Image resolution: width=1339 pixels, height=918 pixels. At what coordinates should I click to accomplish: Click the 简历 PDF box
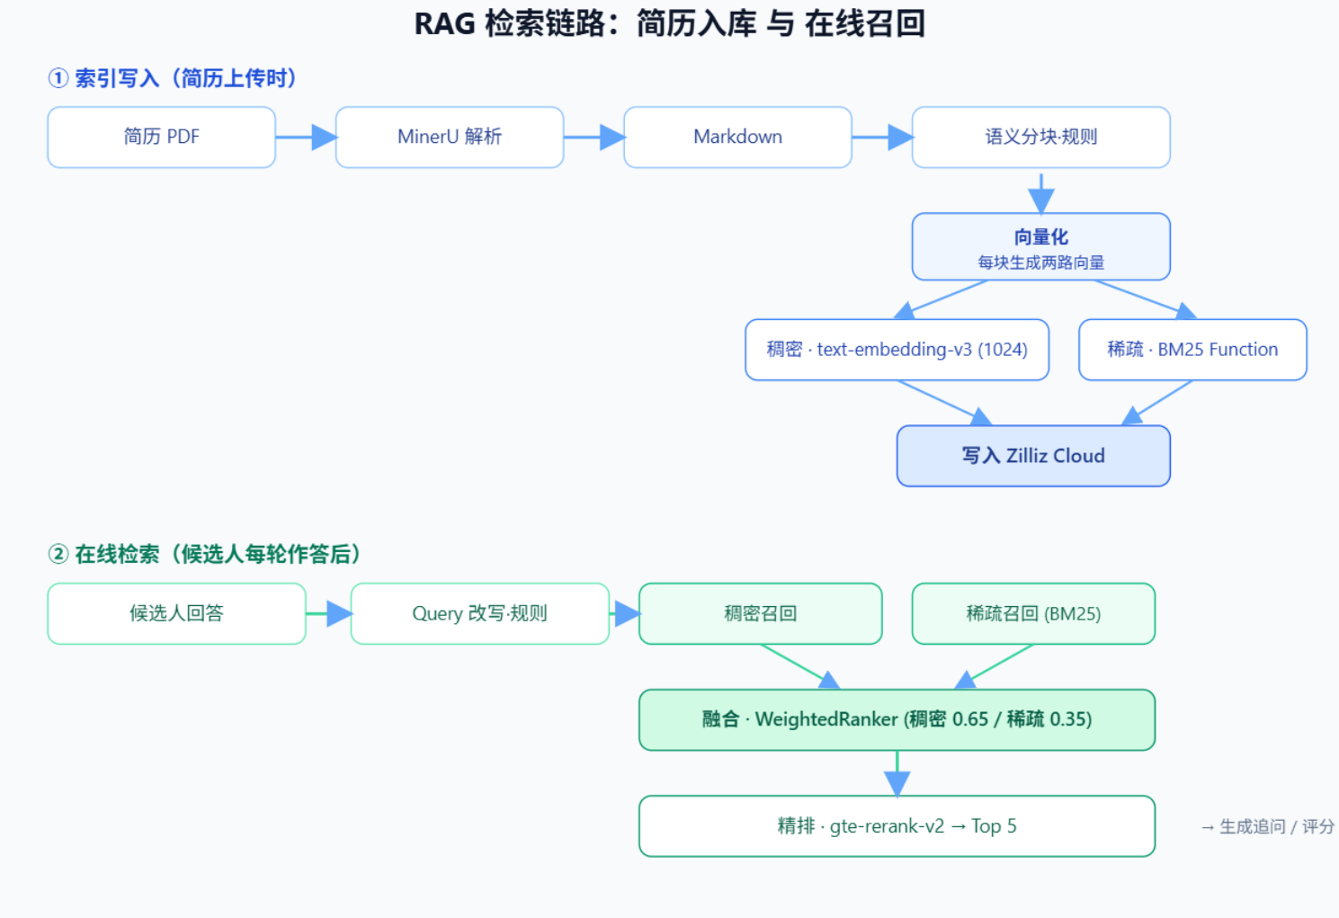(x=161, y=137)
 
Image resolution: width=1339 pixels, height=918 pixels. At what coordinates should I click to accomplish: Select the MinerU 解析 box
(x=450, y=137)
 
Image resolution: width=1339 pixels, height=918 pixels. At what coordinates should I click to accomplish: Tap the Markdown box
(x=737, y=137)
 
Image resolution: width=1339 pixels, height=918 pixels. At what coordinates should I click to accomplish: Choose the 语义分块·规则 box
(x=1040, y=137)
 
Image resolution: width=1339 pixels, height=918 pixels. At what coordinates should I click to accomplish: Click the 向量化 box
(x=1040, y=246)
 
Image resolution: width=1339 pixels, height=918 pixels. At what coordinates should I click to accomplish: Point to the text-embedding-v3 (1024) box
(x=897, y=350)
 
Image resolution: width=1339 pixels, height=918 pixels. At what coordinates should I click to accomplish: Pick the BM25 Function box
(x=1192, y=350)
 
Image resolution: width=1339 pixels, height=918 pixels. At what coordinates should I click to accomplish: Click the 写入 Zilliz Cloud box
(x=1033, y=456)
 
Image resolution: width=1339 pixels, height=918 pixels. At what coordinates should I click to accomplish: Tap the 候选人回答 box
(x=176, y=614)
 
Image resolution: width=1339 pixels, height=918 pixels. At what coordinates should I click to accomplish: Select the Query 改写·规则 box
(x=479, y=614)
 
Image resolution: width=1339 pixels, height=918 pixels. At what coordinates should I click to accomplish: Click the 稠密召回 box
(x=761, y=614)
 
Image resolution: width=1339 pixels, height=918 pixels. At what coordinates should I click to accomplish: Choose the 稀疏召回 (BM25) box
(x=1033, y=614)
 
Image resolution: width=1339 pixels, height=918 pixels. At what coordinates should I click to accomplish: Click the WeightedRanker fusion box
(x=897, y=719)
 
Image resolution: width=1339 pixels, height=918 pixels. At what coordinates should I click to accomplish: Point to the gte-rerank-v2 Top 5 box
(x=897, y=826)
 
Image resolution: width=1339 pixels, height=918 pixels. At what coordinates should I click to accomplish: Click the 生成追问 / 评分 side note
(x=1267, y=826)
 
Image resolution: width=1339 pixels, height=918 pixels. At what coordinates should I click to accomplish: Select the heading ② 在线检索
(x=204, y=554)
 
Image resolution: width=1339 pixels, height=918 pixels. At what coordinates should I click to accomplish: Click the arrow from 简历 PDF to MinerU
(x=306, y=138)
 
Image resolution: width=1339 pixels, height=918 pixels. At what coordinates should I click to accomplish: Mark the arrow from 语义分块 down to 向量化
(x=1040, y=193)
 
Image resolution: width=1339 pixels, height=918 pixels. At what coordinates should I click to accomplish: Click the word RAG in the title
(x=445, y=24)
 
